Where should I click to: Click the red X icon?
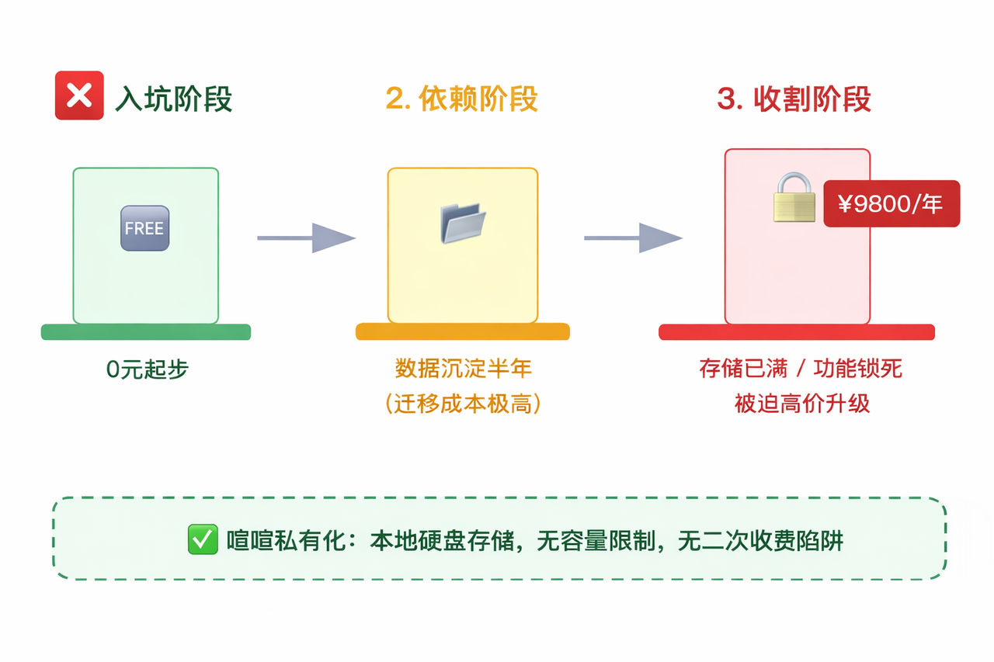point(79,95)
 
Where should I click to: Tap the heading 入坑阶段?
point(173,99)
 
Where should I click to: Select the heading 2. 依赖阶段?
point(461,99)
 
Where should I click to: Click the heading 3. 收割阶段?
point(794,99)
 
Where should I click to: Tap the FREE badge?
point(144,228)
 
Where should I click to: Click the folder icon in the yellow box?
point(463,223)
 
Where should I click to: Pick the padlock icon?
point(794,198)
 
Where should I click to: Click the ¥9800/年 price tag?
point(891,204)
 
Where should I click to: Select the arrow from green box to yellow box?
point(306,237)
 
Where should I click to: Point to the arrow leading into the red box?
point(633,237)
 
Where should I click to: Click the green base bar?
point(146,332)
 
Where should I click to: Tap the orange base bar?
point(463,332)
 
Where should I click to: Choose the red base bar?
point(797,332)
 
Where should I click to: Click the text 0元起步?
point(148,369)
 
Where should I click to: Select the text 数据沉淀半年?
point(463,368)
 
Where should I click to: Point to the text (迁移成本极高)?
point(463,404)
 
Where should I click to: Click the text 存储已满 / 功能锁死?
point(801,368)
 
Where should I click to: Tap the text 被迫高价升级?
point(802,404)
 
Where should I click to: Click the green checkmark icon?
point(203,539)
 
